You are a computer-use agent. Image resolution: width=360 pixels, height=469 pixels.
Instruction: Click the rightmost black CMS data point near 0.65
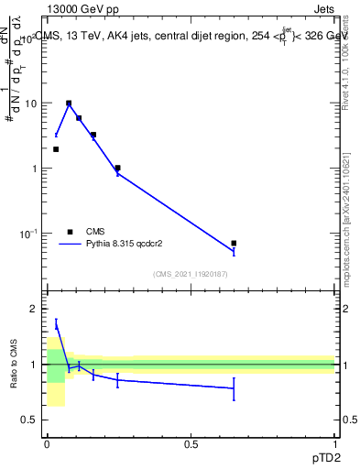pos(234,243)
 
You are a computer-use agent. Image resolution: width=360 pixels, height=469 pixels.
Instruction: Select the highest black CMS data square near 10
pos(69,104)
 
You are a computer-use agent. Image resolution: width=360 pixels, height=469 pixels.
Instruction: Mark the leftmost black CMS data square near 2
pos(56,149)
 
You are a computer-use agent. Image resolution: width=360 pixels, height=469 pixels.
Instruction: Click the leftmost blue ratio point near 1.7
pos(56,323)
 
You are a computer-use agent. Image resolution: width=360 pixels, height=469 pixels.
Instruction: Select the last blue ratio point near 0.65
pos(234,388)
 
